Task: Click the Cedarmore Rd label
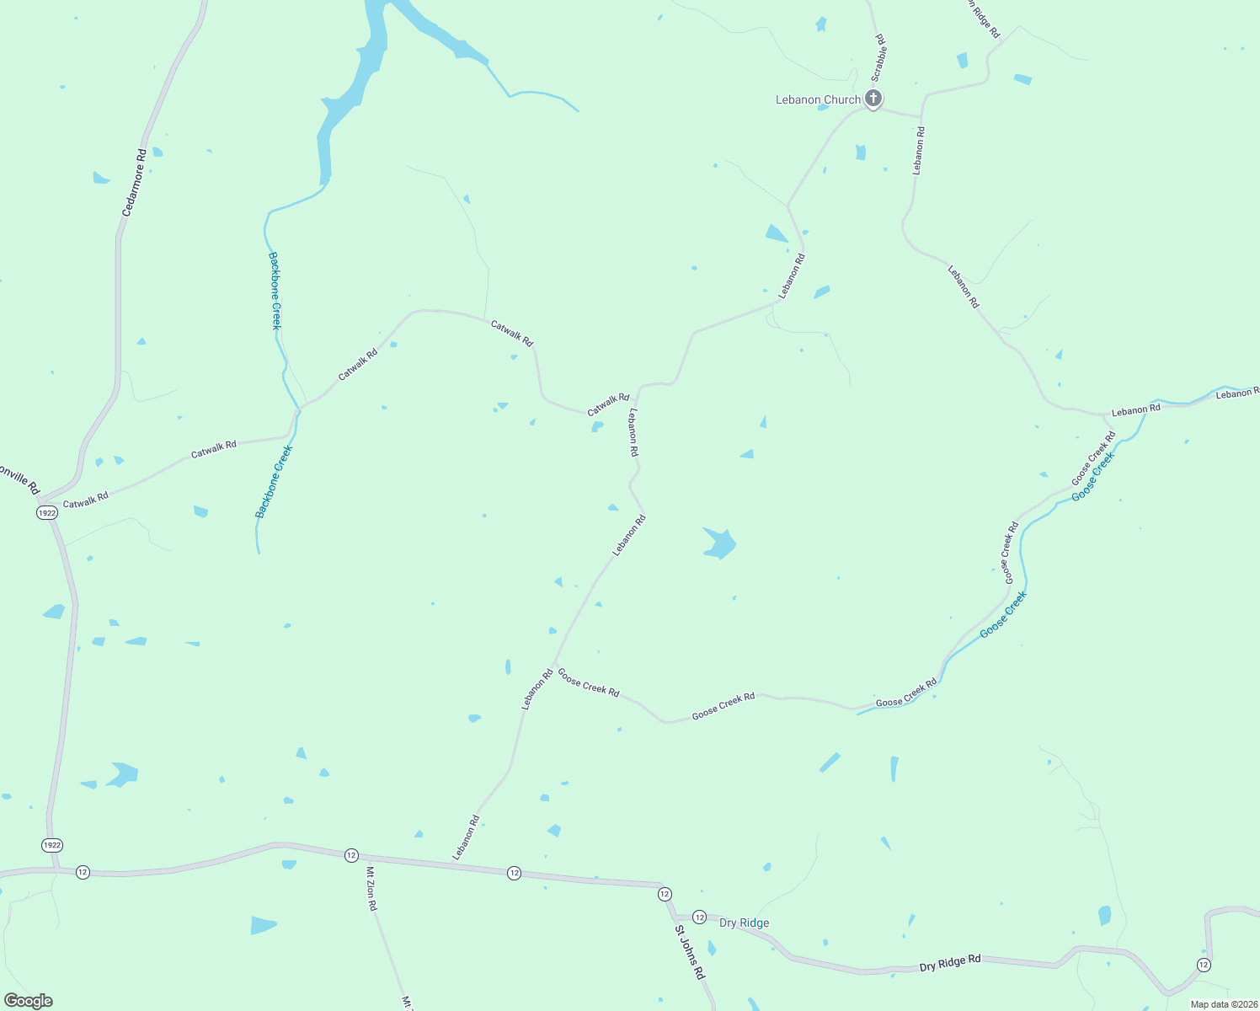point(134,183)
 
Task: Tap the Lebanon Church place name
point(818,99)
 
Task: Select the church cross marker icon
point(874,99)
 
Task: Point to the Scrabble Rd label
point(879,57)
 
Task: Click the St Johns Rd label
point(688,952)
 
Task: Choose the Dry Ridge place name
point(744,923)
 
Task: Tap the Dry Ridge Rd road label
point(950,962)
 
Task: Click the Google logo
point(29,1001)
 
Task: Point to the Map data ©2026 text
point(1223,1003)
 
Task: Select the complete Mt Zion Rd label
point(371,889)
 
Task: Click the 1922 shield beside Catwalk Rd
point(47,512)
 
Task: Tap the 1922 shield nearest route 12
point(52,844)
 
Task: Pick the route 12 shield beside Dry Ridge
point(699,916)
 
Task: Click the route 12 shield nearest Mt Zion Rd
point(351,855)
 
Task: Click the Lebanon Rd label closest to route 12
point(465,837)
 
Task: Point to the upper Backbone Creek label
point(275,290)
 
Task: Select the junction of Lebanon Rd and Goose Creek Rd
point(553,666)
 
